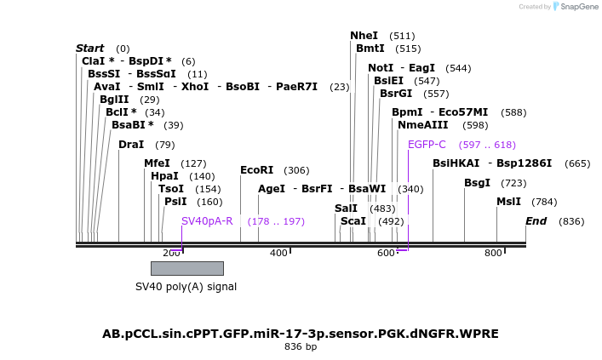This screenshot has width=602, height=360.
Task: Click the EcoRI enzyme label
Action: (257, 170)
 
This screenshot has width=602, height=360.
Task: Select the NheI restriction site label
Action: (364, 36)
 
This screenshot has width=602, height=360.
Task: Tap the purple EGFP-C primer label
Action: (427, 145)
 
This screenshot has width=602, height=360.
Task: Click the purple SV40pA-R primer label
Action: (207, 221)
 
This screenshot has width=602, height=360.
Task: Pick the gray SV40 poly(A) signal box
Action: (186, 268)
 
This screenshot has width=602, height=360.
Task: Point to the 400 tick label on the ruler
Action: (278, 253)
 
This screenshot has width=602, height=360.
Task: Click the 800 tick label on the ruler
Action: (493, 253)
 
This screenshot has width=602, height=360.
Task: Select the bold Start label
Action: (89, 49)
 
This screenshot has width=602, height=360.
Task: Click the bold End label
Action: (536, 221)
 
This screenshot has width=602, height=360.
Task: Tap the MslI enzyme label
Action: (509, 202)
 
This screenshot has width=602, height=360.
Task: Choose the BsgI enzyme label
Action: (477, 183)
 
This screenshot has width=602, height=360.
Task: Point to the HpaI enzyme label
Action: (164, 176)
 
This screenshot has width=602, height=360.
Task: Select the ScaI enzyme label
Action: (353, 221)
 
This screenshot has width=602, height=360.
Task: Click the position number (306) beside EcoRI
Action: (296, 170)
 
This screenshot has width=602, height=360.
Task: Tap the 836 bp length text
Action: (301, 347)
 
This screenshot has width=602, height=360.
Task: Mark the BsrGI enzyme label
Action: (395, 94)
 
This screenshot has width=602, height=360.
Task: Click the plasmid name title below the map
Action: (301, 333)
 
